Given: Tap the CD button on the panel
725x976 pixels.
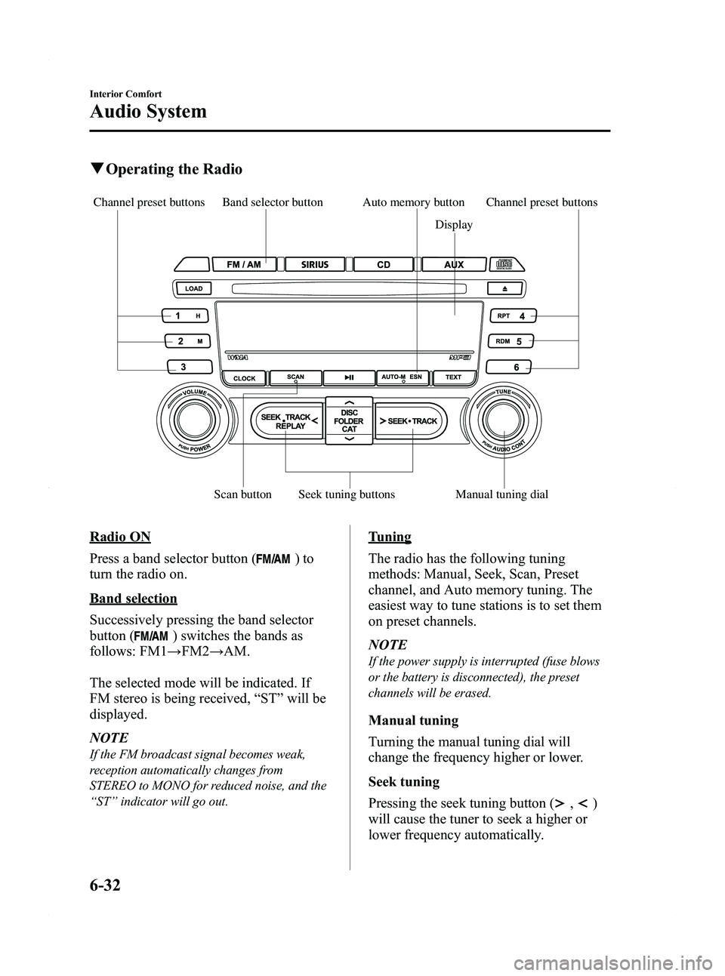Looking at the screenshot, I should tap(383, 265).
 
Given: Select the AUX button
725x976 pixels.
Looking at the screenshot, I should tap(454, 265).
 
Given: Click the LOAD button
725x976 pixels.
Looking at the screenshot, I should tap(194, 288).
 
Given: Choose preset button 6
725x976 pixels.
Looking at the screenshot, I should tap(508, 367).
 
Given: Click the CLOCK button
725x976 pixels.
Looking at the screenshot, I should tap(244, 377).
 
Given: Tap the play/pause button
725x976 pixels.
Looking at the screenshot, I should tap(347, 377).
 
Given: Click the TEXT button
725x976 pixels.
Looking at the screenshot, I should tap(453, 376).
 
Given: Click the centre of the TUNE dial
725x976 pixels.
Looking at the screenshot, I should tap(503, 419).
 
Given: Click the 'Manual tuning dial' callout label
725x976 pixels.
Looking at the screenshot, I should tap(501, 494).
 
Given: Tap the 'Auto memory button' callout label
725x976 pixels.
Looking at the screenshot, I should tap(413, 202).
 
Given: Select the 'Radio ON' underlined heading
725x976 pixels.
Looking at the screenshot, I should tap(119, 537).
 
